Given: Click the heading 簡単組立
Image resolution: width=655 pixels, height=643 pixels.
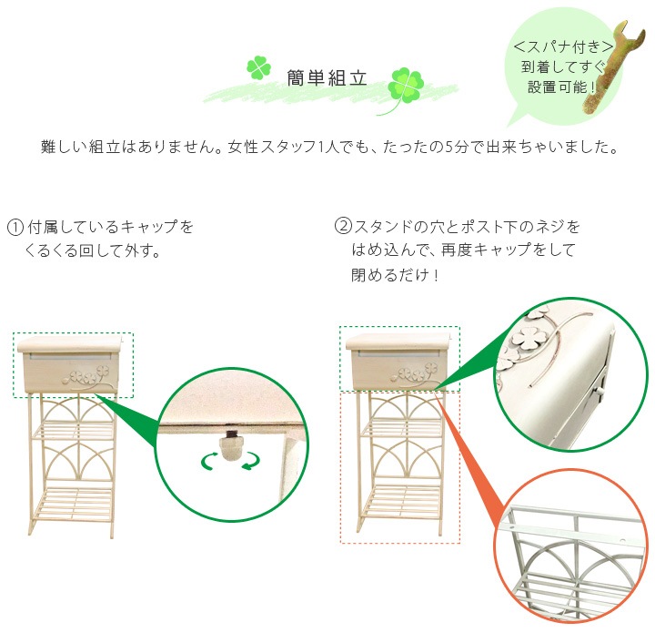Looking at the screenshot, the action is [327, 78].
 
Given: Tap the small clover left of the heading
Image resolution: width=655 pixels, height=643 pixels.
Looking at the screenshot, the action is [258, 67].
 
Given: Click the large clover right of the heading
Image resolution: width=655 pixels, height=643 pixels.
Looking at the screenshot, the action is [404, 86].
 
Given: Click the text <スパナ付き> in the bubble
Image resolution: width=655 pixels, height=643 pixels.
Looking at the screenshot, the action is [563, 46].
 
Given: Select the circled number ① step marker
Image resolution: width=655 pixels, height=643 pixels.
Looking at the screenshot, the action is [15, 227].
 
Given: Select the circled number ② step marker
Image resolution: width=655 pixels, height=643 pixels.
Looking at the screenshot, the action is [343, 227].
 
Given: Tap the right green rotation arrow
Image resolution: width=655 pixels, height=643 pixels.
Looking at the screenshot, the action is [251, 460].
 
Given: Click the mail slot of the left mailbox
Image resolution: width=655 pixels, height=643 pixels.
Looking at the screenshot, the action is [70, 357].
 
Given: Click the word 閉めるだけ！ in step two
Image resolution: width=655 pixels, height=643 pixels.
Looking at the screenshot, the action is [395, 275].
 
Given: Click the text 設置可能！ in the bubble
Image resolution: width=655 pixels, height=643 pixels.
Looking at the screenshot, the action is [562, 87].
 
